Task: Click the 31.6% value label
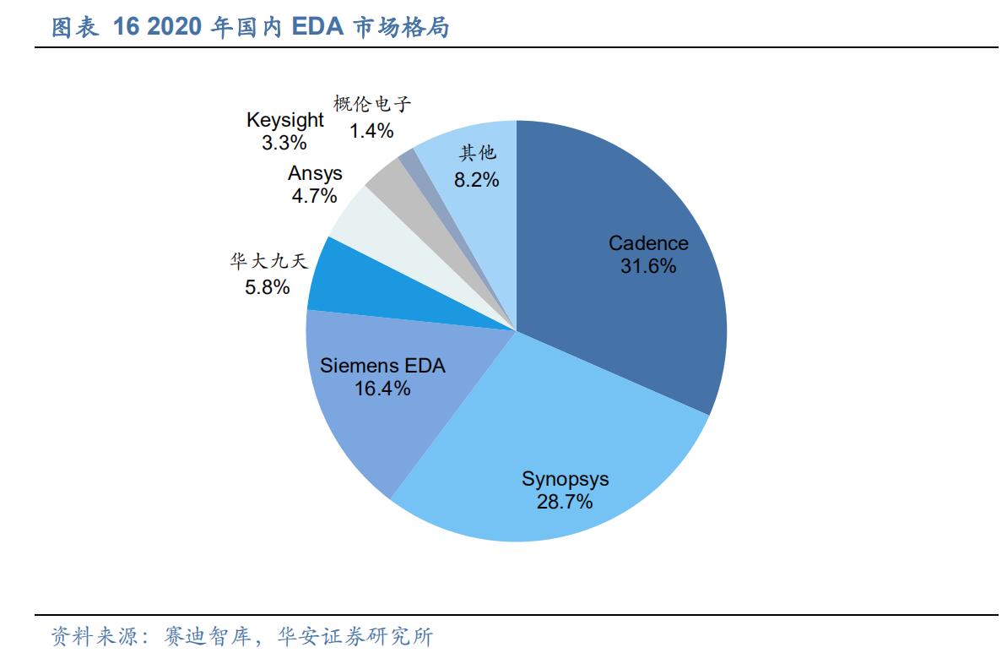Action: coord(648,266)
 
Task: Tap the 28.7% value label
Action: coord(565,502)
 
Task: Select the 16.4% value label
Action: coord(382,389)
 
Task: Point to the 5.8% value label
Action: coord(268,287)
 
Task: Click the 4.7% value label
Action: coord(315,196)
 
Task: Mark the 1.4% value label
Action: coord(372,130)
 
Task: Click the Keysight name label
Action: coord(284,120)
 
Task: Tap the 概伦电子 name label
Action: coord(372,106)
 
